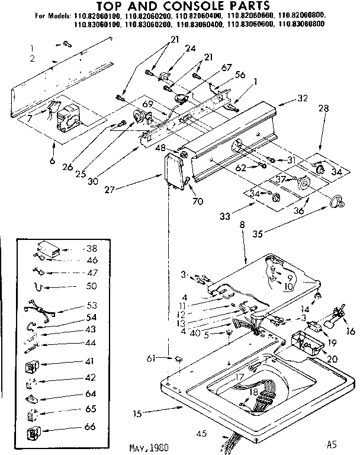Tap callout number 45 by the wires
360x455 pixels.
202,434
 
